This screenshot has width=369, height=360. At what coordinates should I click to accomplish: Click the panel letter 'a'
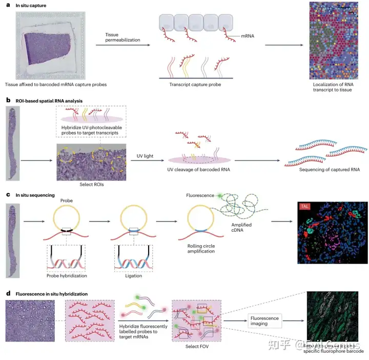tap(8, 5)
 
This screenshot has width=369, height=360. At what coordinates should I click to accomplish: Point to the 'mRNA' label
tap(248, 36)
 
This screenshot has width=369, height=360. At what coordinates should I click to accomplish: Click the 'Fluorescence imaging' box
tap(265, 322)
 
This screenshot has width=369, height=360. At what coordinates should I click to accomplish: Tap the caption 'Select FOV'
tap(196, 346)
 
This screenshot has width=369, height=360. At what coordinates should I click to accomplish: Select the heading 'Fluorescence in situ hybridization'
tap(51, 294)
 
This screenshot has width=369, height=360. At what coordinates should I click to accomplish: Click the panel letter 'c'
tap(8, 195)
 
